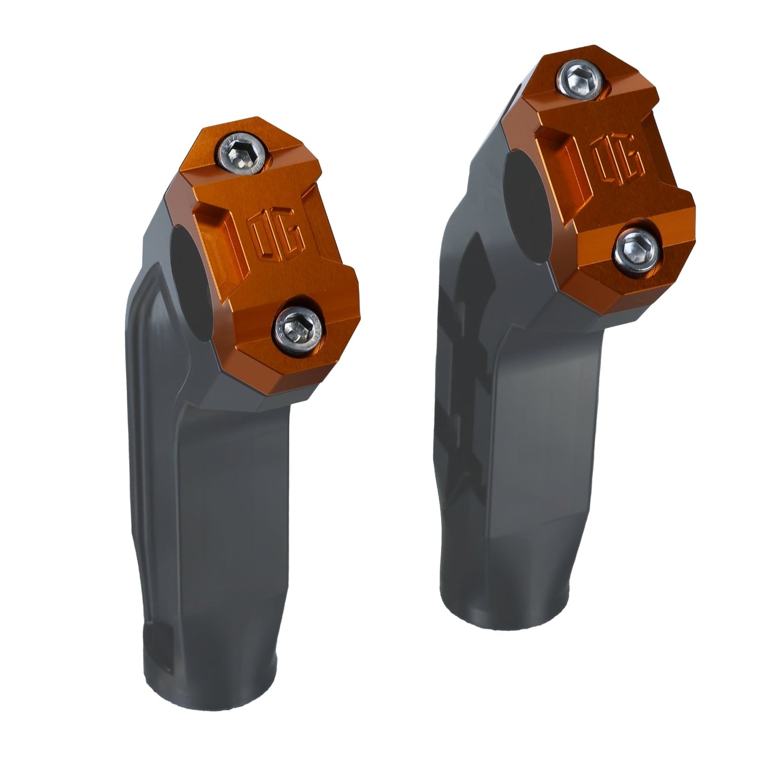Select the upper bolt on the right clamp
582,78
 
